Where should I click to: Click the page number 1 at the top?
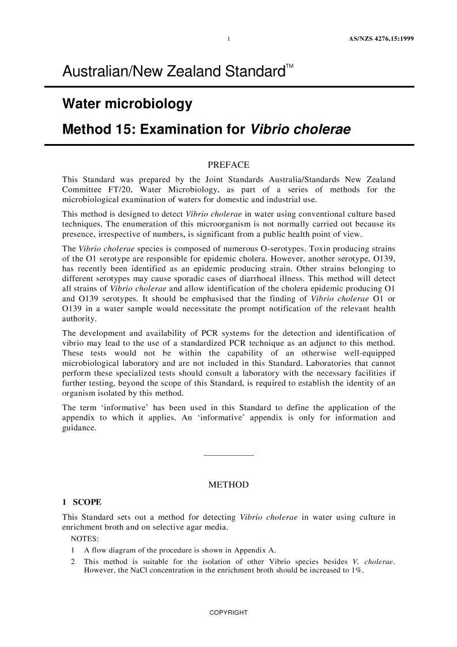point(229,40)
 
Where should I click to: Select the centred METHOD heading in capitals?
point(228,485)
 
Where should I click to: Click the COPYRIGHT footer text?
point(228,612)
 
